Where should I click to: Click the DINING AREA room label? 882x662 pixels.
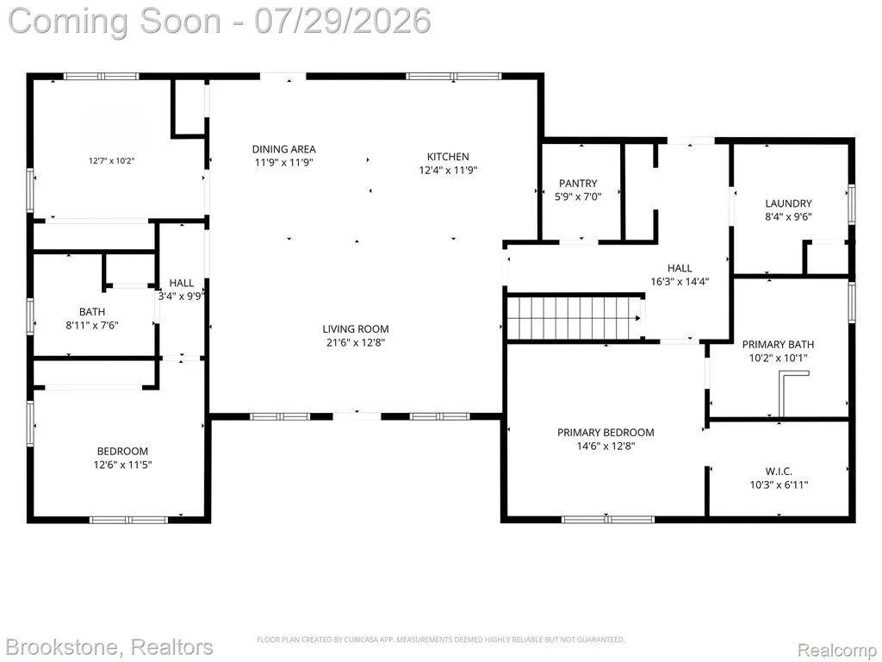click(283, 149)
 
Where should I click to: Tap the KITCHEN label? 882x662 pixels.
click(448, 157)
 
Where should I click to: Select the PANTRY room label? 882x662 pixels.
click(578, 183)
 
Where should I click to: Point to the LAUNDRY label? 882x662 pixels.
click(788, 203)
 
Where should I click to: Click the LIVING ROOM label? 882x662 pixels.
click(356, 328)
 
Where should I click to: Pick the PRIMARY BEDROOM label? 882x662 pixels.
click(606, 433)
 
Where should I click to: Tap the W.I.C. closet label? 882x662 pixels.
click(779, 472)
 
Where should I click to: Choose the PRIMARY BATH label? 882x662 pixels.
click(778, 344)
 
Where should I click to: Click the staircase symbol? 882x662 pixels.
click(575, 318)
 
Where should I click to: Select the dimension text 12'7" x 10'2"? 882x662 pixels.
click(111, 160)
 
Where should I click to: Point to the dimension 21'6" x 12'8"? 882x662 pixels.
click(356, 342)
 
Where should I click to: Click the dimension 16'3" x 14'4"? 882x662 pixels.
click(680, 282)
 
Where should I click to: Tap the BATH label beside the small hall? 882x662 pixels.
click(91, 311)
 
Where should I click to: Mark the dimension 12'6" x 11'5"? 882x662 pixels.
click(122, 465)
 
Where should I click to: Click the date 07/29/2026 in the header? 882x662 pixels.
click(343, 21)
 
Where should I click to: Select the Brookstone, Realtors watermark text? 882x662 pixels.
click(109, 646)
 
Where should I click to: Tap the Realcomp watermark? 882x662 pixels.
click(837, 649)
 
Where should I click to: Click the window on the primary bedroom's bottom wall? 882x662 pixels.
click(608, 519)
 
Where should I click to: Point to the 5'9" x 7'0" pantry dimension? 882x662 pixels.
click(578, 197)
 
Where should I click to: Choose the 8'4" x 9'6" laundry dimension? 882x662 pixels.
click(788, 216)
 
